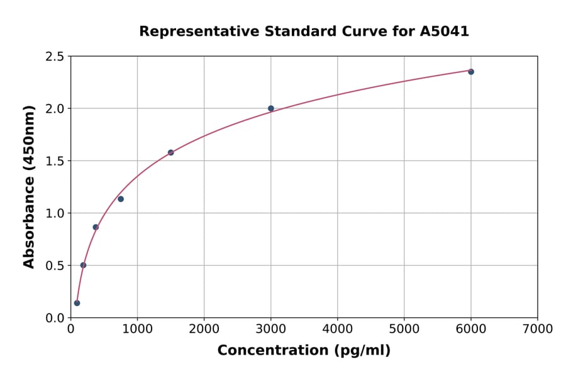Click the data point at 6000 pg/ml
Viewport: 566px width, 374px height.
pyautogui.click(x=471, y=72)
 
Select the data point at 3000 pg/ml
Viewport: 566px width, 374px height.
pyautogui.click(x=271, y=108)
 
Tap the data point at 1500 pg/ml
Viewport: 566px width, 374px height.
pyautogui.click(x=171, y=152)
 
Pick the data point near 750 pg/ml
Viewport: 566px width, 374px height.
pyautogui.click(x=121, y=199)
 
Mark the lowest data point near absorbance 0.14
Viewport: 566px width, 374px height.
pyautogui.click(x=77, y=303)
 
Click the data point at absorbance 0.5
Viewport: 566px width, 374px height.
pyautogui.click(x=83, y=265)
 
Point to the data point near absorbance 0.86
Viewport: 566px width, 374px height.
pyautogui.click(x=96, y=227)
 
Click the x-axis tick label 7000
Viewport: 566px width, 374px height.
pyautogui.click(x=537, y=329)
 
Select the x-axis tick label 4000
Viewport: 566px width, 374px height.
pyautogui.click(x=337, y=329)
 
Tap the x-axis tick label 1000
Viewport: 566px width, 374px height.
pyautogui.click(x=137, y=329)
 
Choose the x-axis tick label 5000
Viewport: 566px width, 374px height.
pyautogui.click(x=404, y=329)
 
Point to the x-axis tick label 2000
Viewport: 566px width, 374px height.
pyautogui.click(x=204, y=329)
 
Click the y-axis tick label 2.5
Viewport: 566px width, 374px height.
pyautogui.click(x=55, y=57)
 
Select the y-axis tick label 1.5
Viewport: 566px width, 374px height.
pyautogui.click(x=55, y=161)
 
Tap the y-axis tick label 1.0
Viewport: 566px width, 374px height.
pyautogui.click(x=55, y=213)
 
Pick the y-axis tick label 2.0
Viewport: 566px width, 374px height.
pyautogui.click(x=55, y=109)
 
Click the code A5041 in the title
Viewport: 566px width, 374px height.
pyautogui.click(x=445, y=31)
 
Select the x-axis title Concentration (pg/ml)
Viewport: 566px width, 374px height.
pyautogui.click(x=304, y=351)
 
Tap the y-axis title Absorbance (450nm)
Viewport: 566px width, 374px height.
pyautogui.click(x=29, y=187)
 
